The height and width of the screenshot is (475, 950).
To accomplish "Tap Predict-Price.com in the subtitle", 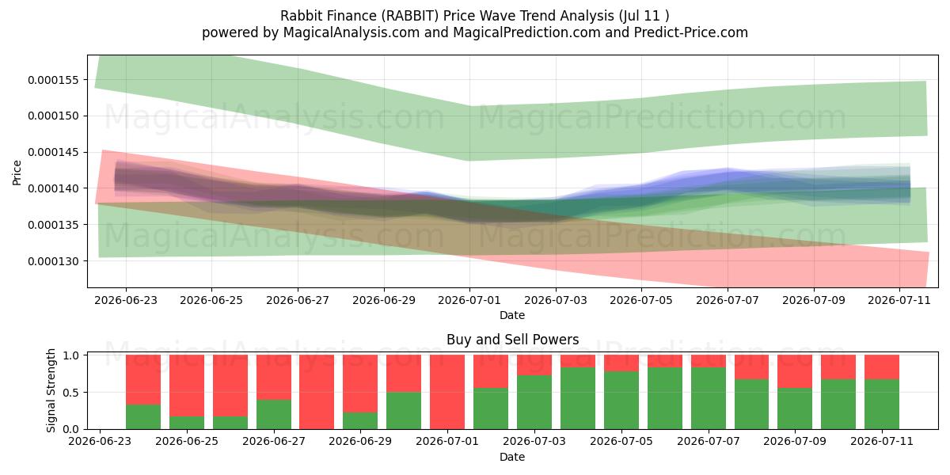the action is [x=690, y=32].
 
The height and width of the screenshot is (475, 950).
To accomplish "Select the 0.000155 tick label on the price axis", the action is [x=54, y=80].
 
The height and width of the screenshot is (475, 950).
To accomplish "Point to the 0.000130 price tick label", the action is [x=54, y=261].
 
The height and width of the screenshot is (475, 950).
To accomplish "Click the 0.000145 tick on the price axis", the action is [x=54, y=152].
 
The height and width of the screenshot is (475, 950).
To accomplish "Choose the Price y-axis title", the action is [x=17, y=173].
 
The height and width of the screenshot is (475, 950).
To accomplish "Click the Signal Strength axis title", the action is [x=51, y=390].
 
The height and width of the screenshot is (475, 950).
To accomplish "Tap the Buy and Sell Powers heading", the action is [x=512, y=340].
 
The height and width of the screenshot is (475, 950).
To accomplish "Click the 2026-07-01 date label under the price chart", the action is [x=469, y=300].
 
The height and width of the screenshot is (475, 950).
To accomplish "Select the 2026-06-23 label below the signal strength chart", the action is [x=100, y=441].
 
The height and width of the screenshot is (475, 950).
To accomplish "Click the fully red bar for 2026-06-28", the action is [x=317, y=392].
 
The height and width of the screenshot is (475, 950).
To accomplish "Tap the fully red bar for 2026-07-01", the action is [x=447, y=392].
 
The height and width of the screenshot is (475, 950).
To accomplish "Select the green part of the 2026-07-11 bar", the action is [x=882, y=405].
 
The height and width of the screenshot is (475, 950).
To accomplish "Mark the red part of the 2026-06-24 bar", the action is [x=143, y=379].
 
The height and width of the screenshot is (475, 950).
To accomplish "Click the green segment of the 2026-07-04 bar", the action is [x=578, y=398].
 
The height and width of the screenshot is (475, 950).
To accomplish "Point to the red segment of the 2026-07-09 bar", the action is [x=795, y=371].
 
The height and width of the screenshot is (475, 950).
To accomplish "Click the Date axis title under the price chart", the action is [x=512, y=315].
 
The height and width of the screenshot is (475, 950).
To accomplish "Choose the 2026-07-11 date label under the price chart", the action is [x=899, y=300].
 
